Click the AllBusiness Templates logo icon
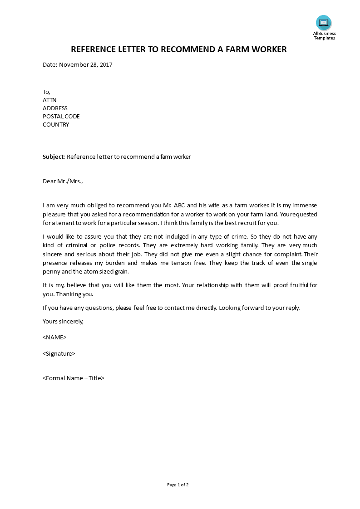[x=324, y=22]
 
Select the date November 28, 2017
[x=85, y=64]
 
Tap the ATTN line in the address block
[x=49, y=100]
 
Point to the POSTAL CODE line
[x=61, y=117]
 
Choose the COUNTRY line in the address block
[x=56, y=125]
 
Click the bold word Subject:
[x=54, y=157]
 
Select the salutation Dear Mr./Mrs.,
[x=63, y=181]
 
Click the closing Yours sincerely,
[x=63, y=321]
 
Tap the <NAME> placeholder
[x=54, y=338]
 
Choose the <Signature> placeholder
[x=59, y=354]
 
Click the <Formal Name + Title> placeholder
[x=74, y=378]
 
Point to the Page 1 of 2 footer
[x=178, y=485]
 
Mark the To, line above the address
[x=46, y=92]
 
